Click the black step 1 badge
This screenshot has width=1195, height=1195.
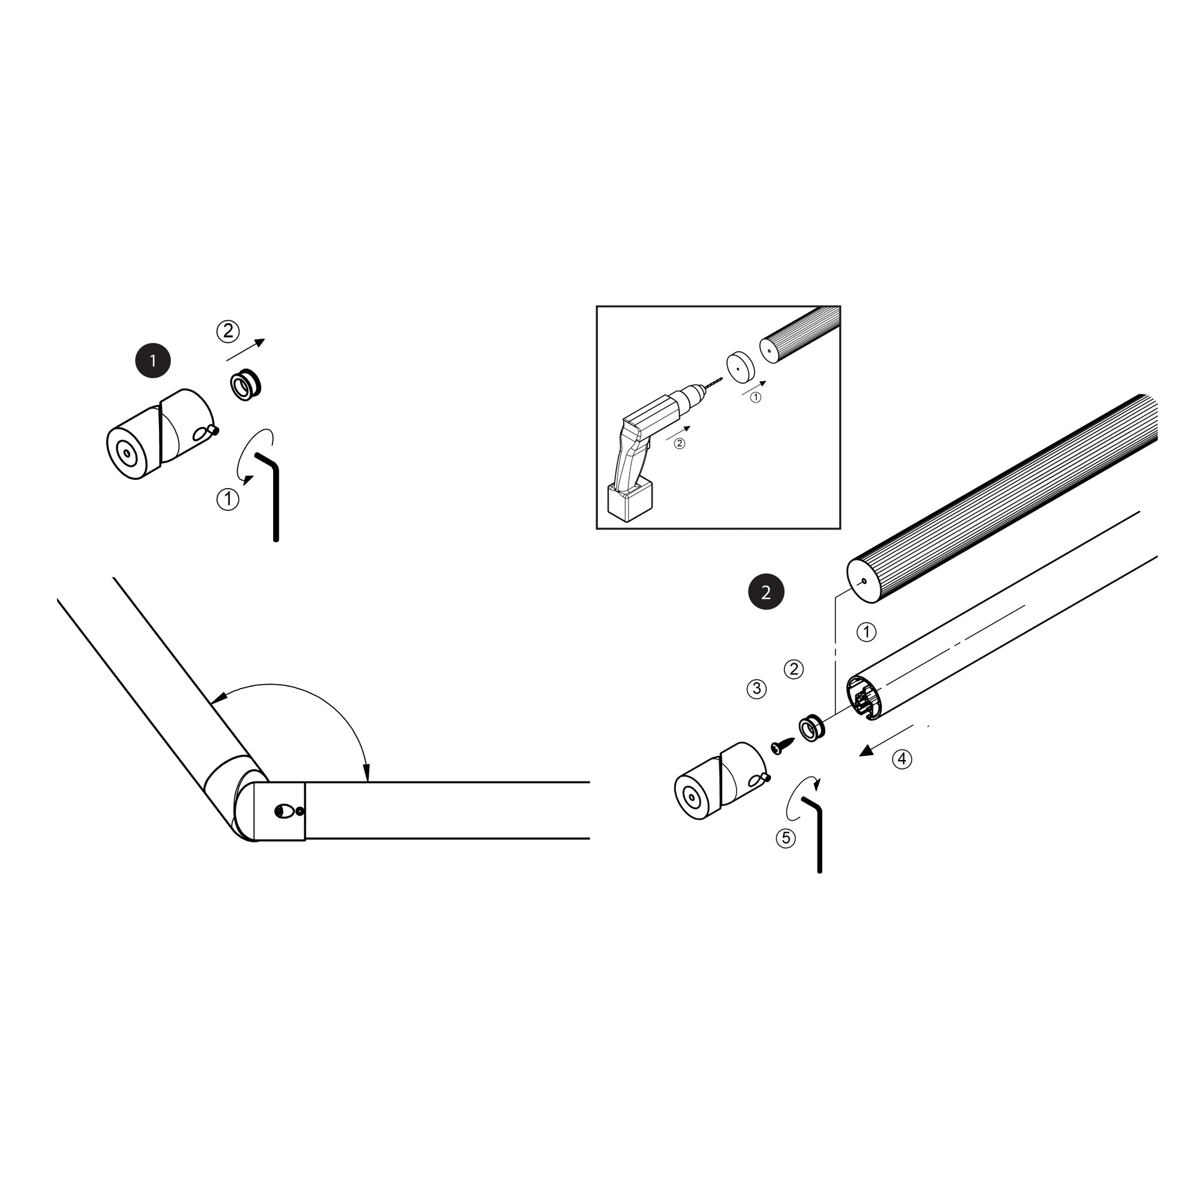[153, 361]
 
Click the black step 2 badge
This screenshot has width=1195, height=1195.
[766, 593]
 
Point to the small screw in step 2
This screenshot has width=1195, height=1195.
[783, 746]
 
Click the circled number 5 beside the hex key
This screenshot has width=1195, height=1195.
[786, 838]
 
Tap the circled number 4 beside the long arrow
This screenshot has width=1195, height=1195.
[902, 759]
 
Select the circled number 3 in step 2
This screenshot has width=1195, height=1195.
[756, 689]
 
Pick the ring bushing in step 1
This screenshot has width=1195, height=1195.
[246, 385]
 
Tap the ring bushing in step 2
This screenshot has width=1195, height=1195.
[811, 728]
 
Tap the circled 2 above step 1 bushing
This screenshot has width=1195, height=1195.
[228, 331]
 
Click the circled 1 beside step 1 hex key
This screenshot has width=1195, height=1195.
[228, 498]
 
